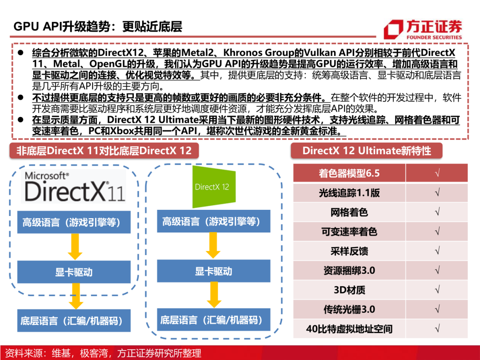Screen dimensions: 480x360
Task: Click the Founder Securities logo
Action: (423, 29)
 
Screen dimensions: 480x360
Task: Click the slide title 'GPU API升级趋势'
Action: (98, 26)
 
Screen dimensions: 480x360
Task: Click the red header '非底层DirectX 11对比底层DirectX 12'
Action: (104, 150)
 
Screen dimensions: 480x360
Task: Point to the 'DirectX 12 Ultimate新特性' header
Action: (367, 150)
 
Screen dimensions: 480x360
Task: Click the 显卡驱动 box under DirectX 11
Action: (74, 272)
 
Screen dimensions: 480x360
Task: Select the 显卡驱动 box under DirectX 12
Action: (214, 271)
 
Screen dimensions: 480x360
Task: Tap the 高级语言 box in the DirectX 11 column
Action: (74, 222)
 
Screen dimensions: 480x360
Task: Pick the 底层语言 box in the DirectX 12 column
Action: (214, 320)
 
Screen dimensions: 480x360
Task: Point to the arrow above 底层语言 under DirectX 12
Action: (214, 295)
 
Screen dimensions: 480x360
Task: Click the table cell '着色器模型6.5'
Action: (349, 173)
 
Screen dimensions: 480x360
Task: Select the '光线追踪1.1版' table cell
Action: (349, 193)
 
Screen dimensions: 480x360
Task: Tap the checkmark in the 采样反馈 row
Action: (437, 251)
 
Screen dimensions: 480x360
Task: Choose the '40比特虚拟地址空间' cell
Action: (349, 329)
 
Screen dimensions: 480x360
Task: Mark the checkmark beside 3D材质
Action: (437, 290)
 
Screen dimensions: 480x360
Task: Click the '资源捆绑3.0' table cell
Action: (349, 271)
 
